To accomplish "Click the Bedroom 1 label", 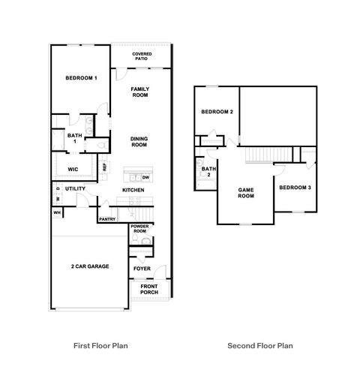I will [x=81, y=78].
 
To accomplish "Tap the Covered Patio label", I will [x=142, y=56].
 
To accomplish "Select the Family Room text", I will [x=140, y=92].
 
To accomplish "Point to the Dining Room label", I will [x=139, y=141].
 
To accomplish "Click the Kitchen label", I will [x=133, y=190].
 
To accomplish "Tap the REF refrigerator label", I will [x=105, y=167].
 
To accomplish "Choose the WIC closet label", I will [x=73, y=169].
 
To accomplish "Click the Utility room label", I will [x=75, y=188].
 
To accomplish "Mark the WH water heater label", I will [x=56, y=213].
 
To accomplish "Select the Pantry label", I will [x=106, y=220].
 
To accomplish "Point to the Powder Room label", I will [x=139, y=228].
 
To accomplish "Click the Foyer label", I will [x=140, y=268].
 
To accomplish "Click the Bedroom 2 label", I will [x=217, y=112].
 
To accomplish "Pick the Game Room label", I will [x=247, y=193].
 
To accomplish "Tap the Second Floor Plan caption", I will [x=259, y=346].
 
